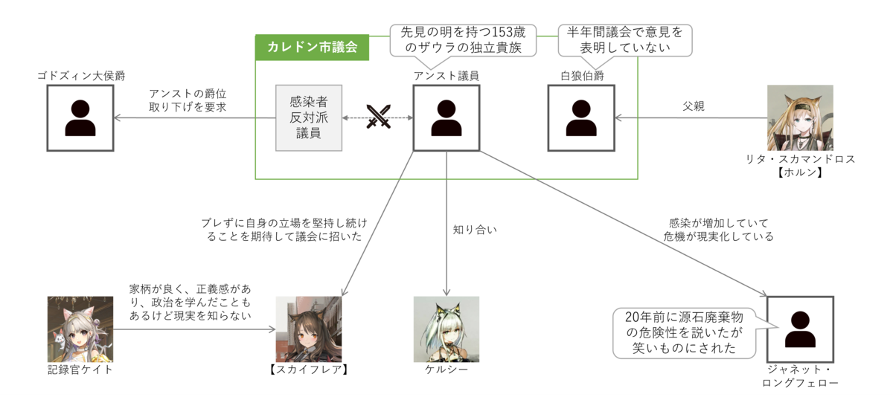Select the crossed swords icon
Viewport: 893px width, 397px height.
point(378,117)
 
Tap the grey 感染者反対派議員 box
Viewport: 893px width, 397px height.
point(307,117)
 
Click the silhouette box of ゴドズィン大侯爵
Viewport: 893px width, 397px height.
point(80,117)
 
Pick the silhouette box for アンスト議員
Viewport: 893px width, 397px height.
point(446,117)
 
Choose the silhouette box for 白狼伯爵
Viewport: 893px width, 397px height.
point(580,117)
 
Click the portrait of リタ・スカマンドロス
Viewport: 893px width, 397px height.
point(800,117)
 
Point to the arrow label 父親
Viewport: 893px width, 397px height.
point(693,106)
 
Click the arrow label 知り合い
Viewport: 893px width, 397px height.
point(474,230)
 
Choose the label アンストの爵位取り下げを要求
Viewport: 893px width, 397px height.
point(188,100)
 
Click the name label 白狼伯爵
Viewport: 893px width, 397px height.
point(581,75)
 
